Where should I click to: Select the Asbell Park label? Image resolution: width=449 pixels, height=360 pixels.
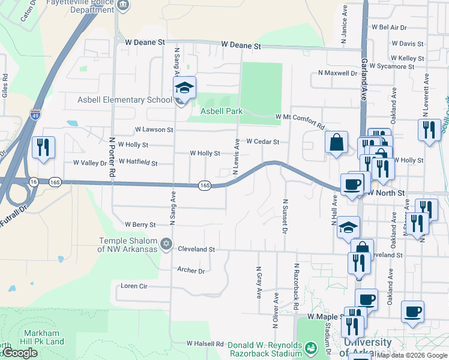(221, 112)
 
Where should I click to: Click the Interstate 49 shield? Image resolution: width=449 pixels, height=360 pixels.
(36, 114)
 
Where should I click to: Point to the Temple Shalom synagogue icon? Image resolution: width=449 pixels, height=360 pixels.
(166, 244)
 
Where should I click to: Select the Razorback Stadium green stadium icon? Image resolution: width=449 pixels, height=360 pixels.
(310, 347)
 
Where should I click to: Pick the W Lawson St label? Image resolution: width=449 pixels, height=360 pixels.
(154, 129)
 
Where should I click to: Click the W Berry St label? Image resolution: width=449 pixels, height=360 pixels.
(140, 224)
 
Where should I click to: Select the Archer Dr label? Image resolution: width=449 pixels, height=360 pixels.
(191, 271)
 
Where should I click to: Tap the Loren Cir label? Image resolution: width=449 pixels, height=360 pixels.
(134, 286)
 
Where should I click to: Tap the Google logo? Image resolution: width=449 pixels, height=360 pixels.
(19, 353)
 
